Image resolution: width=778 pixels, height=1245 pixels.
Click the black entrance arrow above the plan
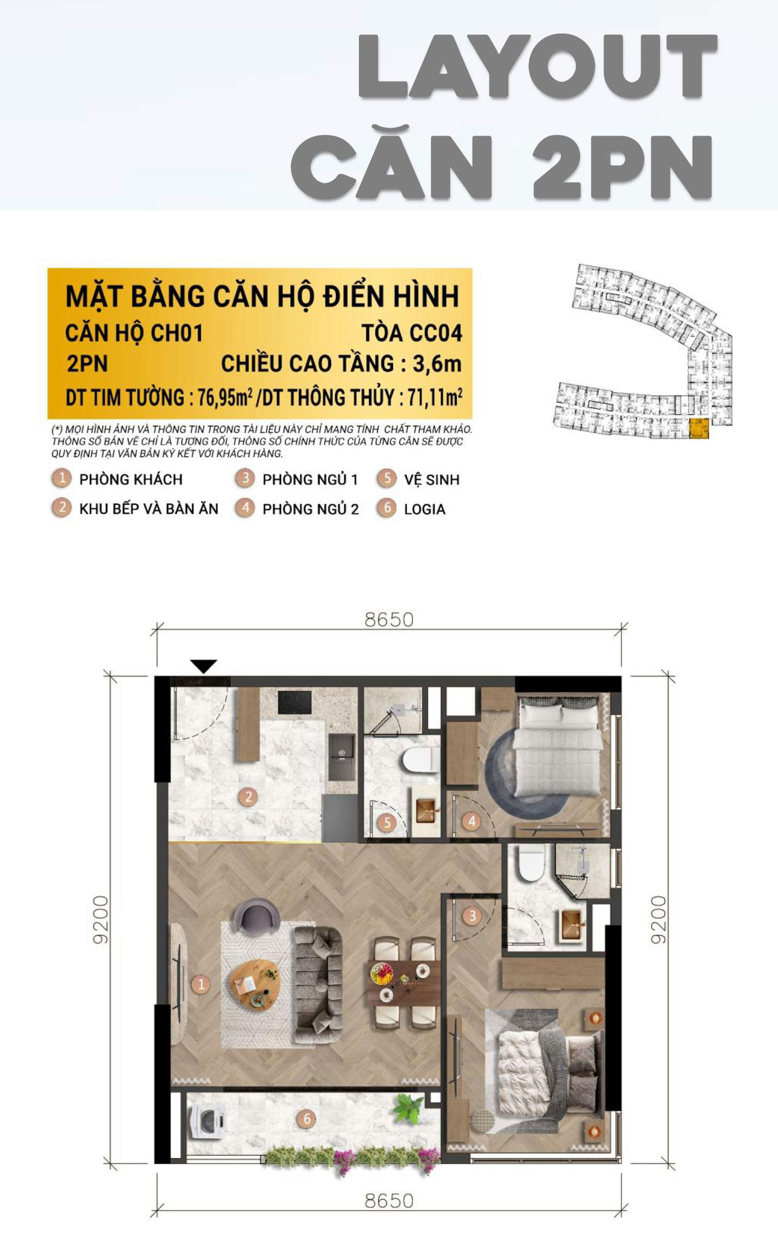(204, 666)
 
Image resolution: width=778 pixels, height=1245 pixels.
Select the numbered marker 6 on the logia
(307, 1118)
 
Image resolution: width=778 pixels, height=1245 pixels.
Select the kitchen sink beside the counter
(341, 757)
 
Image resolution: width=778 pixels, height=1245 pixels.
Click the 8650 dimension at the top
(389, 619)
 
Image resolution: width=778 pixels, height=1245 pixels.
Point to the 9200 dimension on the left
(101, 919)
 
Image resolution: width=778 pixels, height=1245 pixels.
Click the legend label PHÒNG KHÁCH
(131, 480)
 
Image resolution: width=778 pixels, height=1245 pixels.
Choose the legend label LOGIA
(425, 509)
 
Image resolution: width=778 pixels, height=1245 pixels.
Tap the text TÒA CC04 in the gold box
(412, 333)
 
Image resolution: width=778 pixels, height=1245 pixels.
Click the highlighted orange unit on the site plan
(699, 428)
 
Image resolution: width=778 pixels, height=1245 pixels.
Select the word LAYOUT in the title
(538, 67)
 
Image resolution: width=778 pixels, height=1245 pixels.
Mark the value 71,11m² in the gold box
(435, 397)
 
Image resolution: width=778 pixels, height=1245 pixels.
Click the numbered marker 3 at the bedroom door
(472, 916)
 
